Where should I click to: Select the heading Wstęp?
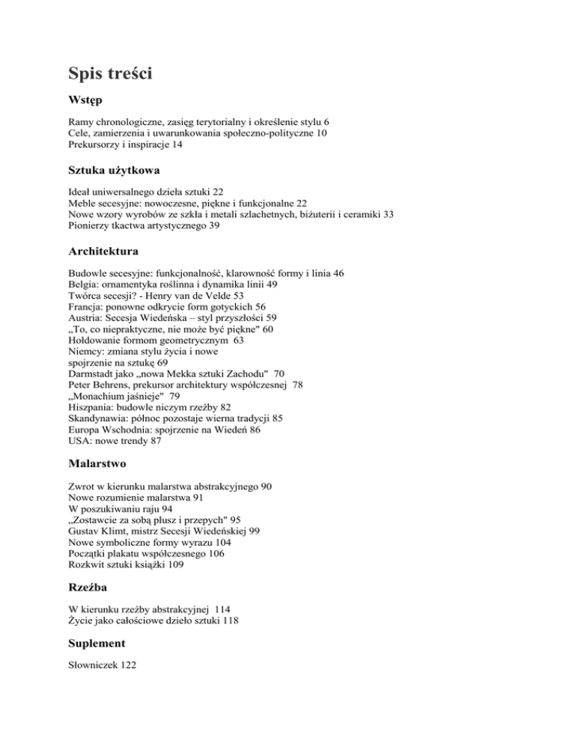[85, 99]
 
